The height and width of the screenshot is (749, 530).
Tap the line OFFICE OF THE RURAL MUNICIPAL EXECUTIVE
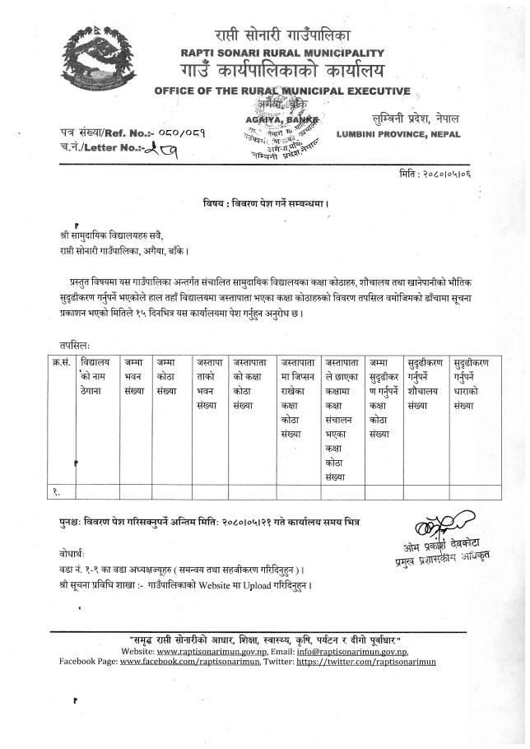tap(282, 90)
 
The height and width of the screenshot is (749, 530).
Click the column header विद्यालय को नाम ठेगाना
tap(95, 374)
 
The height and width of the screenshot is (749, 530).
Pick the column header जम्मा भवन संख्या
tap(134, 374)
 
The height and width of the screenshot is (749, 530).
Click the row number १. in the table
tap(58, 491)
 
